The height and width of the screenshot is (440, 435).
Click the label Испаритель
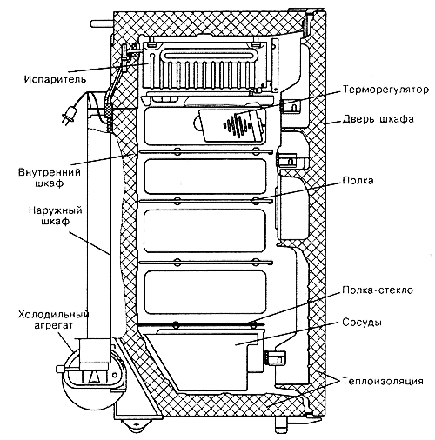point(55,79)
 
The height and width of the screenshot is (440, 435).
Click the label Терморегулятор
point(385,90)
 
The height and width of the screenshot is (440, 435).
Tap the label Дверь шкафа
point(378,119)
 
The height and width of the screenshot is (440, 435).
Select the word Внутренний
point(50,172)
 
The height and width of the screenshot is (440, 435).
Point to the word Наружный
point(56,210)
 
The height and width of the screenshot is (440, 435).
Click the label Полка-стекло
point(378,290)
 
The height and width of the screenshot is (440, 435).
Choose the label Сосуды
point(362,323)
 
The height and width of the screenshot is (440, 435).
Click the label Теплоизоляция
point(383,381)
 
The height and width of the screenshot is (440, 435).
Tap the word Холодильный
point(53,314)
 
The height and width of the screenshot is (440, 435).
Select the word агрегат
point(53,325)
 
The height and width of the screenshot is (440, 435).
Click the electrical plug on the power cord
point(70,115)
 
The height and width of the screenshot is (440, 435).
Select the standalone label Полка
point(358,181)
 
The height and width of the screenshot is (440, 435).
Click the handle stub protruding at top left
point(102,23)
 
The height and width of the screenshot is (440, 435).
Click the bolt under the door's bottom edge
point(281,425)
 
